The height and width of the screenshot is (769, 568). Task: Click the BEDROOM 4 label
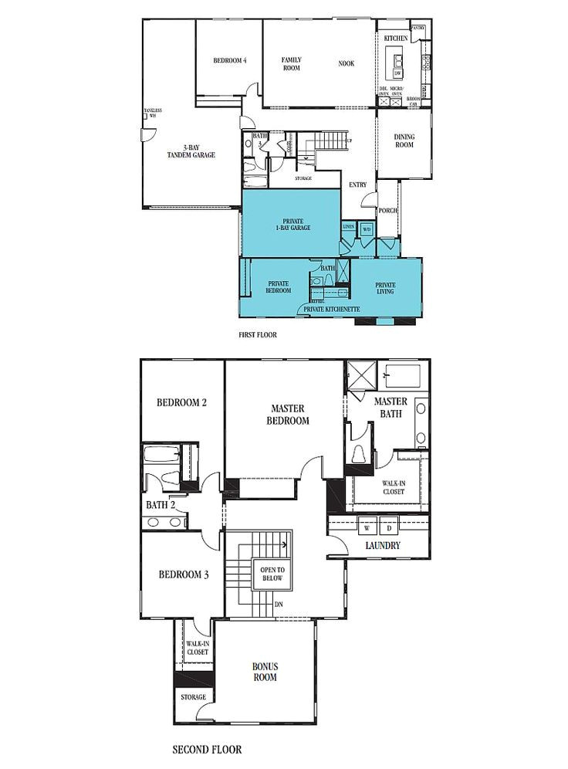pos(229,61)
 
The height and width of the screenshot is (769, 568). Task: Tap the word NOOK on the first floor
pos(346,63)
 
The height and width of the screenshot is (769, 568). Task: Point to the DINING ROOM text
pos(404,141)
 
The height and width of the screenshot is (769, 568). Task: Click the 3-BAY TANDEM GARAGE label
pos(191,151)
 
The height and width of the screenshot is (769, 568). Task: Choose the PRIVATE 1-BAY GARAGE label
pos(292,224)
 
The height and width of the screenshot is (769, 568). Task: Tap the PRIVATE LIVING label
pos(385,288)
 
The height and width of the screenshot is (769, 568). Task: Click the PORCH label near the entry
pos(387,210)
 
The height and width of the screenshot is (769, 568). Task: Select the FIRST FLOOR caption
pos(258,336)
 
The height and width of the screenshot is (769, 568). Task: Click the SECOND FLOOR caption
pos(207,749)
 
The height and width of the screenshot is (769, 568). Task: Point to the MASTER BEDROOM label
pos(289,415)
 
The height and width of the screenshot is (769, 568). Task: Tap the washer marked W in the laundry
pos(367,528)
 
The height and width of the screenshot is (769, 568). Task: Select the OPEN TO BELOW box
pos(272,573)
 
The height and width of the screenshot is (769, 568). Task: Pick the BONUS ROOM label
pos(264,672)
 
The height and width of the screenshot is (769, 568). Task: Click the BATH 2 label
pos(161,505)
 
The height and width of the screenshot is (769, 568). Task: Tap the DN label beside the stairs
pos(279,604)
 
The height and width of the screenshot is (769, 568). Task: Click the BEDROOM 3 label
pos(182,574)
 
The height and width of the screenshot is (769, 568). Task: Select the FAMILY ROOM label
pos(291,63)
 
